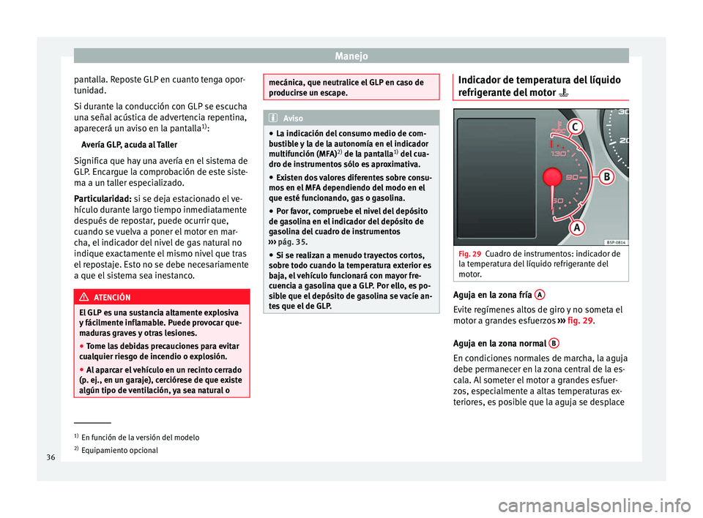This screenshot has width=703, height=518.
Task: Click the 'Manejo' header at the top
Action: (351, 55)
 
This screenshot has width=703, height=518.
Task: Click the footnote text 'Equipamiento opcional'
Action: (120, 450)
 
